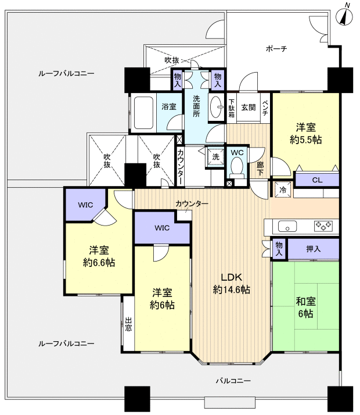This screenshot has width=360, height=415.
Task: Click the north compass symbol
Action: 344,16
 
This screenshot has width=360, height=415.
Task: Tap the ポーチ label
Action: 276,49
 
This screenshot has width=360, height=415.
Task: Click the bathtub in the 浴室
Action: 143,113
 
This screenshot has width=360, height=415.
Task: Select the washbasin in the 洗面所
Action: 217,107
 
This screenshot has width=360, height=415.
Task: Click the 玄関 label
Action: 249,107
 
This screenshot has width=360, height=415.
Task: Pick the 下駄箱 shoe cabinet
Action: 232,108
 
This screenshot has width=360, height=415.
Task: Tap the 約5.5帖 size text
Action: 306,139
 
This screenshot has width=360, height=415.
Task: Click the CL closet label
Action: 317,180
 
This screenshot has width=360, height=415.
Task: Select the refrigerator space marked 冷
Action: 283,189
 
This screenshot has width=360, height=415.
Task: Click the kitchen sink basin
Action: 287,227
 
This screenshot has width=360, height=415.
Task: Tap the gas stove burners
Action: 323,226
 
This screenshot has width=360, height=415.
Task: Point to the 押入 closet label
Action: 313,249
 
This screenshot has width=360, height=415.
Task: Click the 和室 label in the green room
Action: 306,302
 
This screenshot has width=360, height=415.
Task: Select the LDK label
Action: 232,277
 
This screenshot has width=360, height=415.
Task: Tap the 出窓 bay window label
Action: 128,324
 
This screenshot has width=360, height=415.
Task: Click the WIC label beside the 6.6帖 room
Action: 85,205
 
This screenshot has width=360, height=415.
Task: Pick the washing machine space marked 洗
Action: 215,157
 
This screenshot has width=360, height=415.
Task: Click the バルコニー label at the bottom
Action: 233,381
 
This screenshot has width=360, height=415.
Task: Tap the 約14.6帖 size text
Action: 232,290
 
